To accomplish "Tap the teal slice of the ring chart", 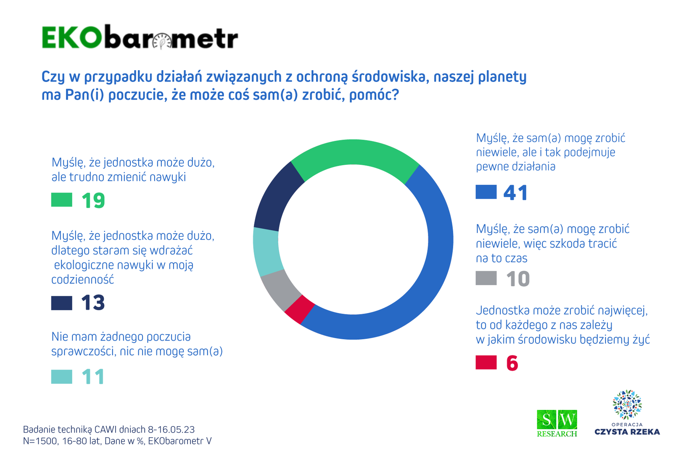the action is click(267, 252).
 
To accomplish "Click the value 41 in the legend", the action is click(515, 193).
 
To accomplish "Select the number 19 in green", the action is click(93, 201).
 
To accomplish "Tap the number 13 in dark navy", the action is click(93, 303).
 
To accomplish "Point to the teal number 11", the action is click(93, 377).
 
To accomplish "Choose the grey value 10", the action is click(518, 279).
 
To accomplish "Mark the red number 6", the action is click(512, 363).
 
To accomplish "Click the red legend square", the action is click(486, 362).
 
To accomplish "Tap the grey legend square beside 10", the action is click(486, 278).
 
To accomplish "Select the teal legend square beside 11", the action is click(62, 377).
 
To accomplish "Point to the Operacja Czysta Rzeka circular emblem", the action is click(627, 405).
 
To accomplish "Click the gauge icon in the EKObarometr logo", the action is click(162, 41).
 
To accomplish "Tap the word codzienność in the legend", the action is click(83, 280).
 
